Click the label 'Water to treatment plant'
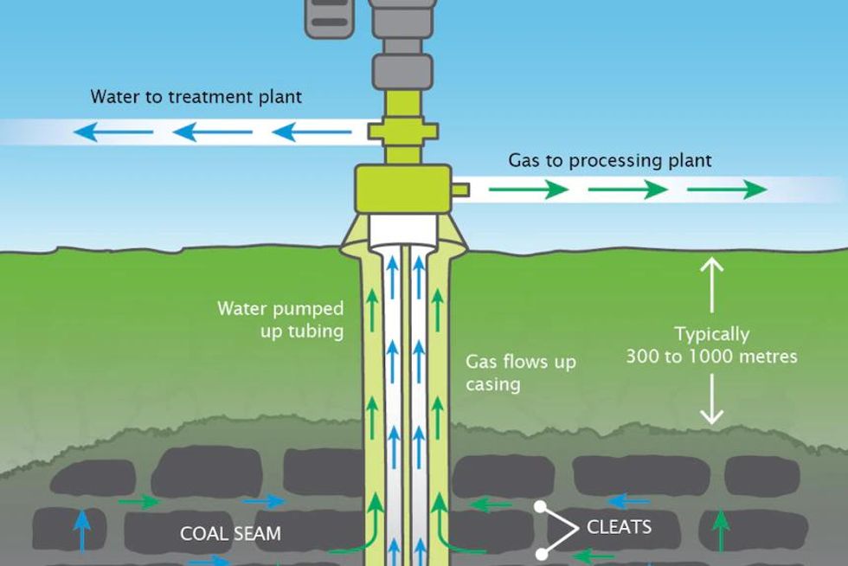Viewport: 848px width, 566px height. click(196, 96)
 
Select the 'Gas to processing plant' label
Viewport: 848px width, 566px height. click(609, 161)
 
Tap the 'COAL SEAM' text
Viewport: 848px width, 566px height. click(230, 533)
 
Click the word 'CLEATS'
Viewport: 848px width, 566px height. click(619, 526)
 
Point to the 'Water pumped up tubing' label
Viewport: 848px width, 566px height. click(280, 318)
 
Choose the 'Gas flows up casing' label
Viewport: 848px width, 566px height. click(521, 372)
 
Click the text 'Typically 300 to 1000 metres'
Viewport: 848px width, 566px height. click(711, 344)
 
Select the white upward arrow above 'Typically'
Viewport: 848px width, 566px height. click(711, 285)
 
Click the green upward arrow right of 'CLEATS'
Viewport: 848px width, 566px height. click(720, 528)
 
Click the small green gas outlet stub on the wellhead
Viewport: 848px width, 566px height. click(459, 189)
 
